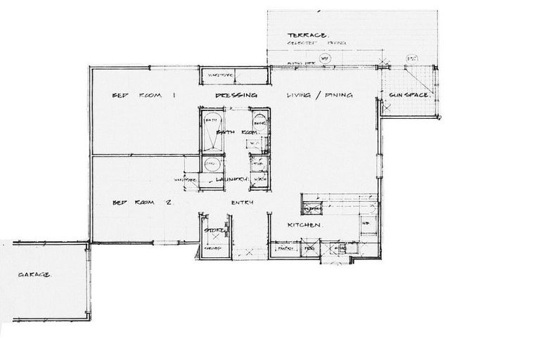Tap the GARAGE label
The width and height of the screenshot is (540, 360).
tap(33, 274)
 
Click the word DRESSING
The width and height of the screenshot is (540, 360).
tap(236, 95)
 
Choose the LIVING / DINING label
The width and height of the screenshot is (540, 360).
tap(319, 95)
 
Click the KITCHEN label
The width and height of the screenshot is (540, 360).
tap(304, 225)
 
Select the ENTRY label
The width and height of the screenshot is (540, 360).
tap(241, 203)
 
